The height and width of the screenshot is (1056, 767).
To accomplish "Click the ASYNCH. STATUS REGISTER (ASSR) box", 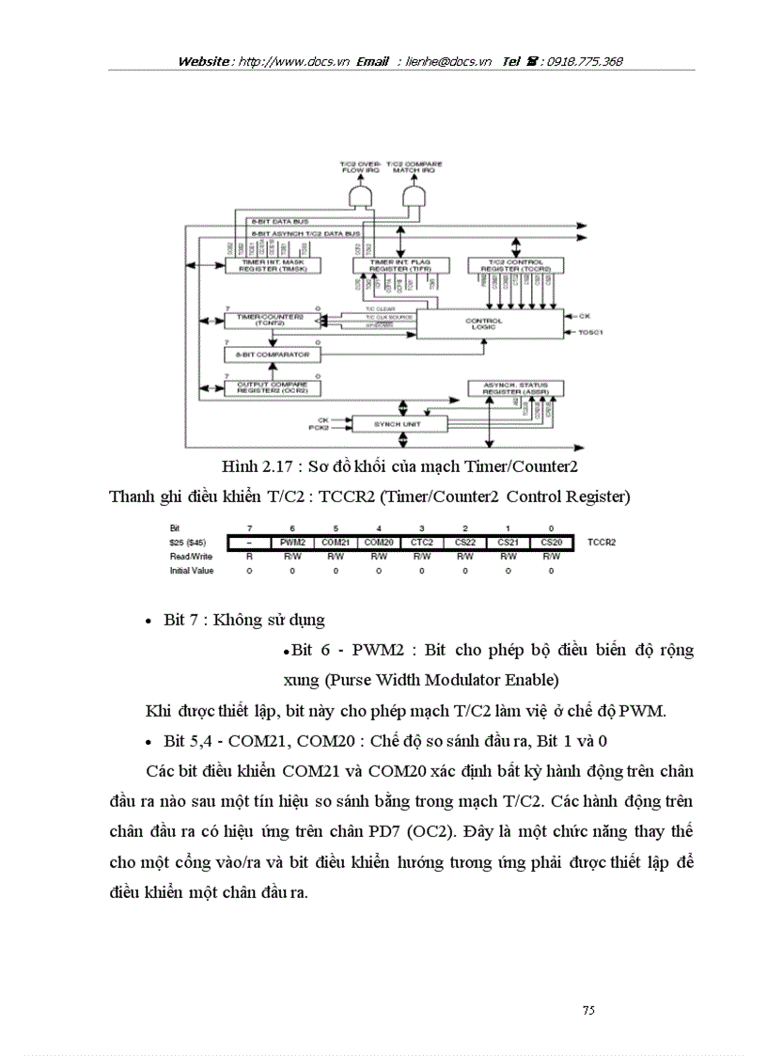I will point(514,387).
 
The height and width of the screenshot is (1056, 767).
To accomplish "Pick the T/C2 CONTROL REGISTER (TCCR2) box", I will point(514,266).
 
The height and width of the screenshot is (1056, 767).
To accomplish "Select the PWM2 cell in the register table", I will point(292,544).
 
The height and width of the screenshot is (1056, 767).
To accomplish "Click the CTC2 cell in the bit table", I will point(422,544).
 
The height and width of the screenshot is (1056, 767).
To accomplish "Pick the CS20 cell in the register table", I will point(552,544).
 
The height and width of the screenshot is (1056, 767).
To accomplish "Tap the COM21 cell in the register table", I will point(336,544).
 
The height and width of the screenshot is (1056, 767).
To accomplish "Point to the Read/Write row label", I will point(186,557).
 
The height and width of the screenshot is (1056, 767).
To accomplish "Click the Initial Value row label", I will point(191,570).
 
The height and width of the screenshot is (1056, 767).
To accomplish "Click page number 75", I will point(588,1010).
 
